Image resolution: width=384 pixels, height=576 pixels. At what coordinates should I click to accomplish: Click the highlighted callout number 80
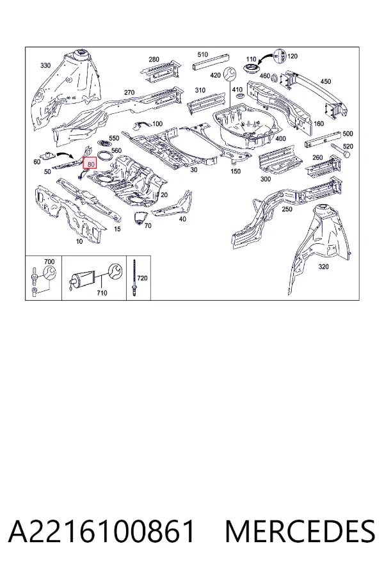coord(90,163)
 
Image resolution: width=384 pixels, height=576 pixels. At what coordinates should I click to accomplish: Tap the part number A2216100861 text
coord(101,531)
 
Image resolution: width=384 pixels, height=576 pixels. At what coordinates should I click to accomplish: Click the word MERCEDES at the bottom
coord(300,531)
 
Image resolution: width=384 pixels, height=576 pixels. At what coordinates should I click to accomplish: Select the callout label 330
coord(45,65)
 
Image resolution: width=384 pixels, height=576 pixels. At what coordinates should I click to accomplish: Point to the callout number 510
coord(202,54)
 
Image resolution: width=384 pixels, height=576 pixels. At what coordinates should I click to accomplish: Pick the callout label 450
coord(326,81)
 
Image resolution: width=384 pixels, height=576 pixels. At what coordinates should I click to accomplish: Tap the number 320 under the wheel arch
coord(323,266)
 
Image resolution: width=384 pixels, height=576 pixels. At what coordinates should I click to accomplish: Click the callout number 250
coord(287,209)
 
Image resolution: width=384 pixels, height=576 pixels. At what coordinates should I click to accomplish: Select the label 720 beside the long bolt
coord(142,278)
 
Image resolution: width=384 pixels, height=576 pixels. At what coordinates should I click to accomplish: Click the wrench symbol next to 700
coord(50,273)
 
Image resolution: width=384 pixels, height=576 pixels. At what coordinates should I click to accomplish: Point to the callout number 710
coord(102,292)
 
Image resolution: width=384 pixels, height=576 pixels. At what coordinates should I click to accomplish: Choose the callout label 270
coord(129,93)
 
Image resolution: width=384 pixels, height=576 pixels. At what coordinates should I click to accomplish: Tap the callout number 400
coord(280,138)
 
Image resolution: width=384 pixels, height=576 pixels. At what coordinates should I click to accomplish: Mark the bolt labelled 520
coord(340,150)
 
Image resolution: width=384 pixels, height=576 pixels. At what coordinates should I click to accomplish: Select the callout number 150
coord(236,171)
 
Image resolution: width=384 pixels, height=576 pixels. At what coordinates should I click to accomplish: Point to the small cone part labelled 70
coord(138,216)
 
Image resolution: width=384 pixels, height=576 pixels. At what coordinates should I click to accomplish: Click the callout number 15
coord(117,229)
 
